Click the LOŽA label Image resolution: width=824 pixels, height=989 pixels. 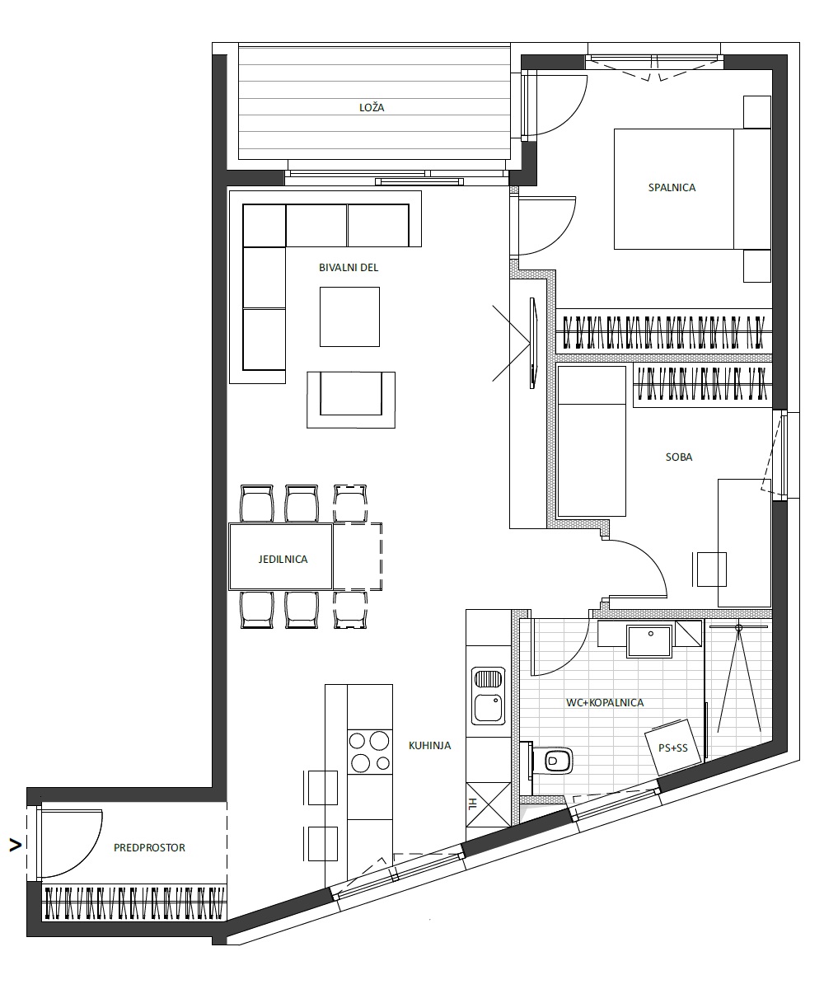coord(372,107)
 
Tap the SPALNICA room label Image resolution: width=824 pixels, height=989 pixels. coord(672,188)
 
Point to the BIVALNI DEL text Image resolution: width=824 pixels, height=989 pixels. coord(349,268)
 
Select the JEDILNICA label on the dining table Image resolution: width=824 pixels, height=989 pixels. coord(283,560)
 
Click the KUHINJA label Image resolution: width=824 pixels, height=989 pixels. coord(429,746)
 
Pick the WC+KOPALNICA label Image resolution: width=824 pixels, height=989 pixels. coord(605,702)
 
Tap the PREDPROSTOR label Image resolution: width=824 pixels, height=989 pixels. coord(149,847)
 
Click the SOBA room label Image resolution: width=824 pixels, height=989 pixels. coord(679,457)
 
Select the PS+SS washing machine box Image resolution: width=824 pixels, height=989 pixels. coord(672,747)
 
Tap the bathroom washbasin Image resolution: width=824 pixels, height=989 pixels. coord(649,641)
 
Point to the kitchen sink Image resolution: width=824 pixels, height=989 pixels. coord(488,696)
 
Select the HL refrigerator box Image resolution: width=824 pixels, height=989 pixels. coord(489,804)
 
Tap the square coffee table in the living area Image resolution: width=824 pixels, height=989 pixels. coord(349,316)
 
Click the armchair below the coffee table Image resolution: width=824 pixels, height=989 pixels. coord(351,400)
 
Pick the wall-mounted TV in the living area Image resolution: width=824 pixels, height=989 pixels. coord(533,343)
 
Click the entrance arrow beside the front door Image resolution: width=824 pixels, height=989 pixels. coord(16,846)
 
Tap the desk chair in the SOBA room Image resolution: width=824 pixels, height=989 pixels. coord(709,569)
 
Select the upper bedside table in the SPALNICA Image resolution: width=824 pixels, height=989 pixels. coord(756,112)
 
